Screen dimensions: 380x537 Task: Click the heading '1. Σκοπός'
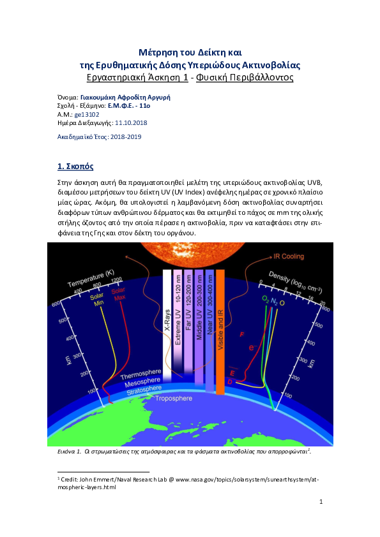tap(75, 166)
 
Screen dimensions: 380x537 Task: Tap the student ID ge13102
tap(87, 114)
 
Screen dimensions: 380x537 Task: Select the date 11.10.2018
tap(131, 123)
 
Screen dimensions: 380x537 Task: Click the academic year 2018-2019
tap(126, 137)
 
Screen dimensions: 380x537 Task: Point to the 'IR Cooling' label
tap(289, 256)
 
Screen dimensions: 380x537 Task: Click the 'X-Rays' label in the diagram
tap(167, 320)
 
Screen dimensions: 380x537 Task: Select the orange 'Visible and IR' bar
tap(220, 332)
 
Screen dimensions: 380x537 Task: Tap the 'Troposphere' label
tap(174, 399)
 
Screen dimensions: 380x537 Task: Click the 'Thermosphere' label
tap(141, 374)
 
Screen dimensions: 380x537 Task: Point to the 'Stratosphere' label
tap(144, 390)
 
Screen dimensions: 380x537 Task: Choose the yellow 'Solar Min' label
tap(97, 300)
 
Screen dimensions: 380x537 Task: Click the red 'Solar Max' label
tap(119, 294)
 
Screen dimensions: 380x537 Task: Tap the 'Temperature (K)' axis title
tap(91, 279)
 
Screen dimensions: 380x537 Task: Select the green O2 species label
tap(266, 299)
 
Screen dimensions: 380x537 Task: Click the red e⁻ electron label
tap(252, 348)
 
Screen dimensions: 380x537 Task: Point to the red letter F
tap(242, 334)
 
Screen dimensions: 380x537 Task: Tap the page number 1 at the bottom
tap(321, 502)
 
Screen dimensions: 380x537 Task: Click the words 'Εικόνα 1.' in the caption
tap(69, 452)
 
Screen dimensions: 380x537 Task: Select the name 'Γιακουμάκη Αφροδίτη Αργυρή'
tap(125, 98)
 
